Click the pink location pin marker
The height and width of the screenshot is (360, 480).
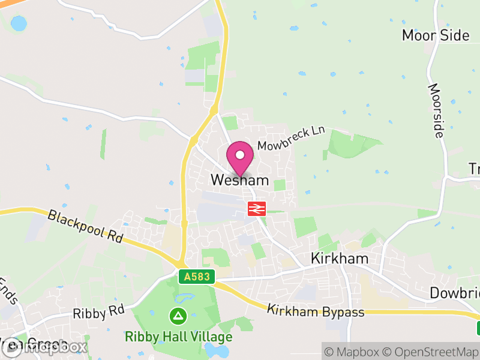[x=240, y=160]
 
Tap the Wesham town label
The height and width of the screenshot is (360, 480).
[x=239, y=180]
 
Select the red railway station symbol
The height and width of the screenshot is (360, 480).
[x=257, y=209]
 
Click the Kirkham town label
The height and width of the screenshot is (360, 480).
[x=338, y=259]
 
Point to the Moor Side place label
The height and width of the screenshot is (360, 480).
[x=436, y=35]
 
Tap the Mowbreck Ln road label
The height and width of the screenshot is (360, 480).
[x=291, y=138]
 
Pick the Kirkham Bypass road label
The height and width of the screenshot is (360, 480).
[x=316, y=311]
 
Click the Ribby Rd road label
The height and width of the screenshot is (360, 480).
[x=98, y=313]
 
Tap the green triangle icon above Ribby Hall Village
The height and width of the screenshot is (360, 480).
[x=178, y=314]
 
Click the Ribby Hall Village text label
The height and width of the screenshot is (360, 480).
[x=178, y=337]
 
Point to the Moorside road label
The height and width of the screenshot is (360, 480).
[x=436, y=110]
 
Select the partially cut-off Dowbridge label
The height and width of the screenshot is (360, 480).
[x=455, y=293]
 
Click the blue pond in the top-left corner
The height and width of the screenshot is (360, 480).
[x=19, y=24]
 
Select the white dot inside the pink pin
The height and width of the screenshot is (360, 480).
[x=240, y=155]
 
